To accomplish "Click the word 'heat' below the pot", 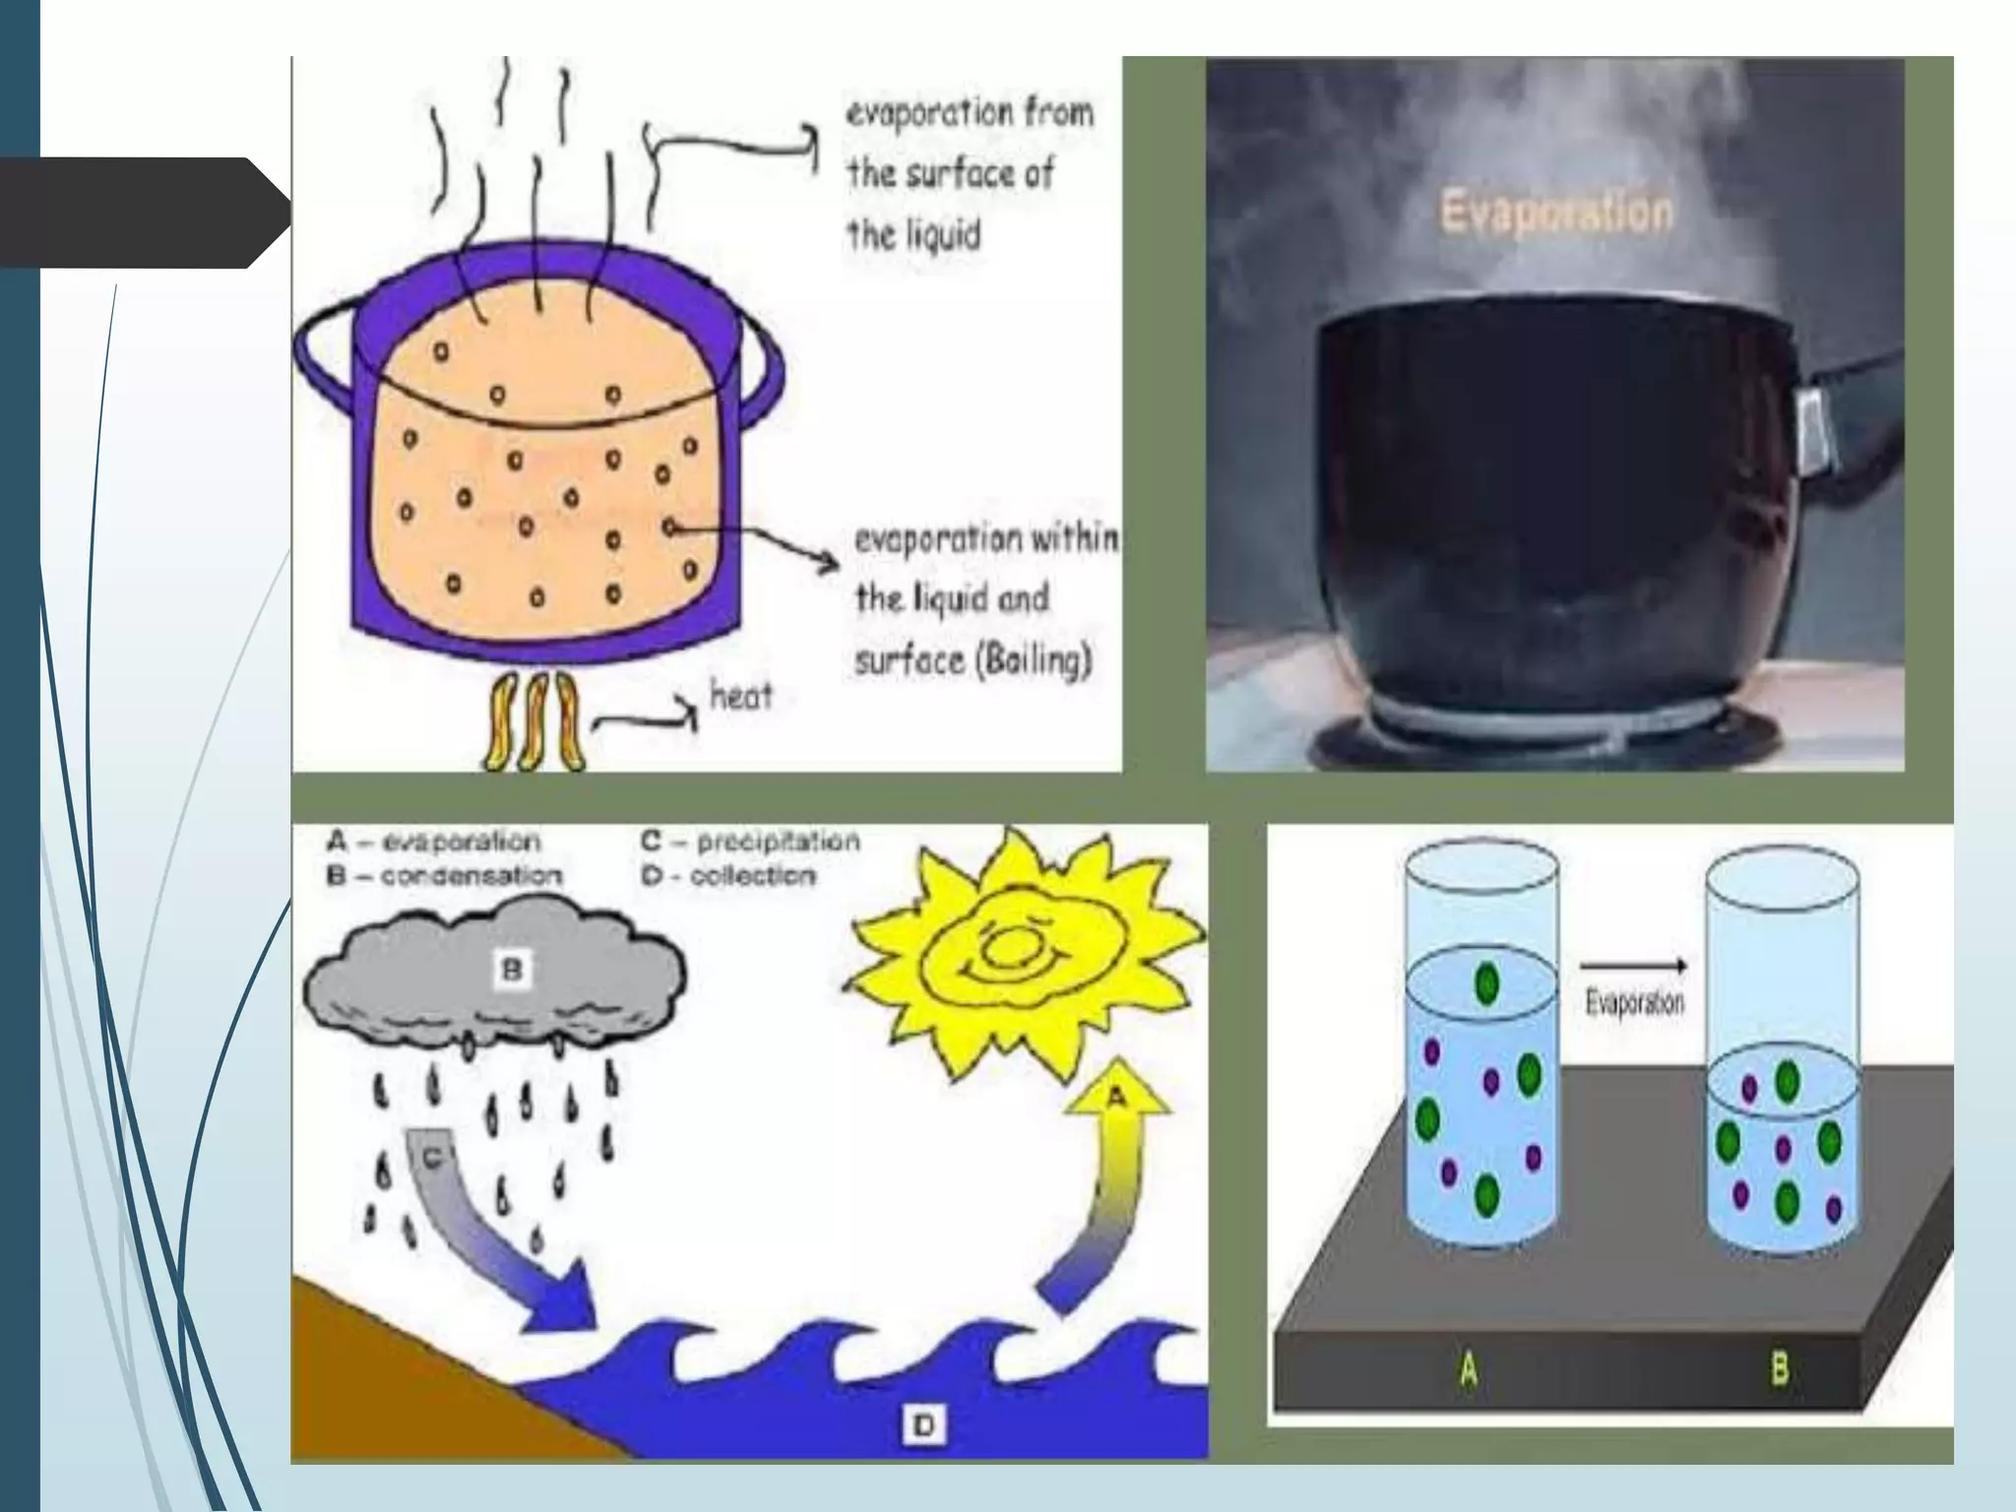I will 741,696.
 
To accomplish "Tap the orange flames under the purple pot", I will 534,722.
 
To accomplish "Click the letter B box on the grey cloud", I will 512,970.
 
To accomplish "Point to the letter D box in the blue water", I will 923,1423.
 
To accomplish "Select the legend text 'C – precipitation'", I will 750,841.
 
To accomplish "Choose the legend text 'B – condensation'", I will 444,875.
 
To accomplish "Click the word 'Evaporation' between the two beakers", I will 1634,1003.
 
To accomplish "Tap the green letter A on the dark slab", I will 1468,1369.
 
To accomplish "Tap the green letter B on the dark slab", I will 1779,1368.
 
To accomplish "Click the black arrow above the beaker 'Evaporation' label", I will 1634,967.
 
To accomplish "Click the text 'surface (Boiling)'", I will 973,659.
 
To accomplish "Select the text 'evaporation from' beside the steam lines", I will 970,114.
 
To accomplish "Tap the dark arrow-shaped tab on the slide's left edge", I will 138,213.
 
